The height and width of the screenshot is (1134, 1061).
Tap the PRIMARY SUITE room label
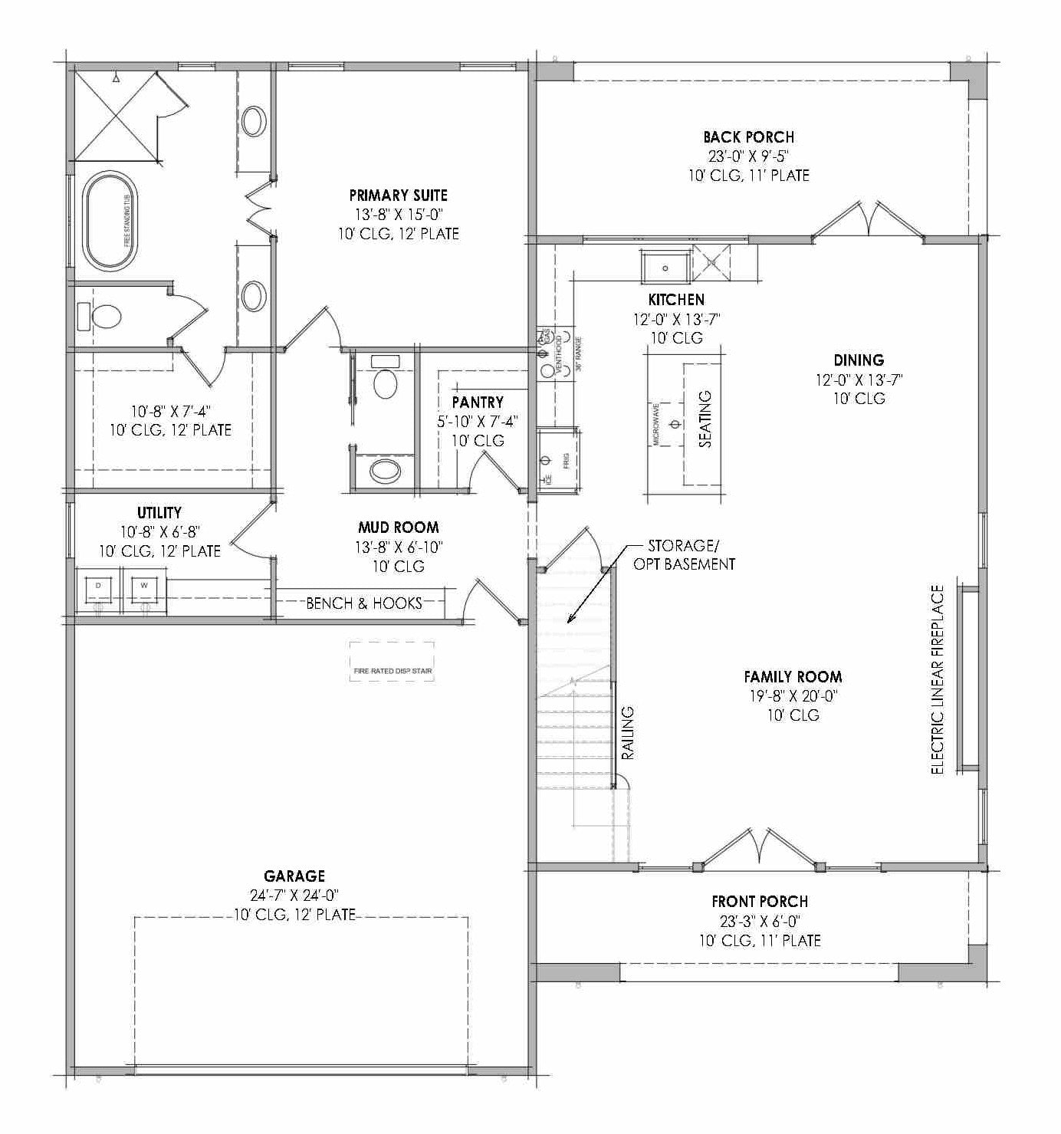tap(398, 196)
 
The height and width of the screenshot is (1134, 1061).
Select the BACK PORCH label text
tap(748, 137)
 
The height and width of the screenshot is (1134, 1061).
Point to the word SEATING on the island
tap(705, 419)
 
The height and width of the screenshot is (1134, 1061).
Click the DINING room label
tap(859, 360)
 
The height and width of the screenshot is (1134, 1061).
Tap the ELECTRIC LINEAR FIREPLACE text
tap(937, 679)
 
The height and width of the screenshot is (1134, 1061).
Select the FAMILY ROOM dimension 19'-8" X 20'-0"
tap(793, 696)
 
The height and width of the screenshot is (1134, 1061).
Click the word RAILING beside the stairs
tap(627, 733)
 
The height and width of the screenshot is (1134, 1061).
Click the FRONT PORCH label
tap(759, 902)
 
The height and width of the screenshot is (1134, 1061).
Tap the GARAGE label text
tap(294, 876)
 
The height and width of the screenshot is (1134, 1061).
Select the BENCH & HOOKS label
tap(364, 603)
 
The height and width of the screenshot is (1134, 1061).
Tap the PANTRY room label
tap(478, 402)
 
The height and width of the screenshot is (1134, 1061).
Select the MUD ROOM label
tap(398, 528)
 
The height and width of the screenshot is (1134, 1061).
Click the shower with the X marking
tap(114, 114)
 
